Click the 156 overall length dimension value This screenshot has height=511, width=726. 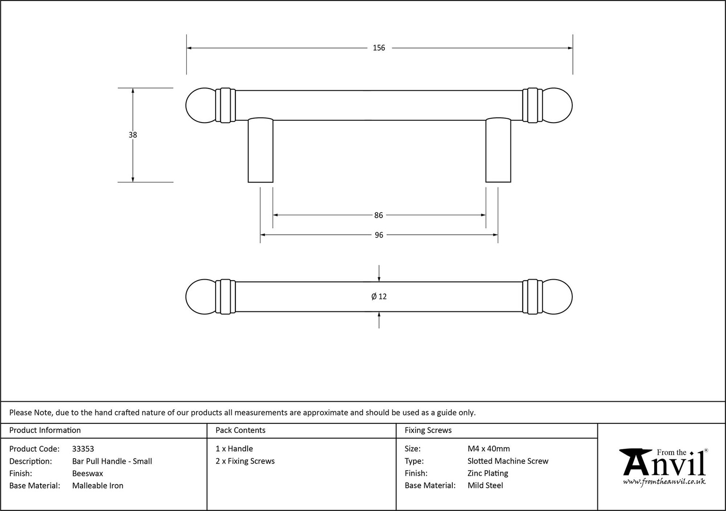coord(379,48)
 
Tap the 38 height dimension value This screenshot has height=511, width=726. coord(133,135)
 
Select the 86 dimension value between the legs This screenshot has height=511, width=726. coord(379,215)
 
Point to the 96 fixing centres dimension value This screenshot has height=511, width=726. coord(379,235)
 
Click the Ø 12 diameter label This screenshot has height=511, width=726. coord(379,297)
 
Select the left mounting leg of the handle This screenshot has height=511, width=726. coord(260,150)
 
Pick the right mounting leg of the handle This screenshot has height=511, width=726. coord(498,150)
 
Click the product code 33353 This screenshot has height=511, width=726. coord(83,449)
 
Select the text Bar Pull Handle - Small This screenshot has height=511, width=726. coord(112,461)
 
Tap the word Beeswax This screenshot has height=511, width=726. coord(87,474)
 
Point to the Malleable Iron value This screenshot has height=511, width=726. coord(98,486)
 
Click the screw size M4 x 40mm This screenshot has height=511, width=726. coord(489,449)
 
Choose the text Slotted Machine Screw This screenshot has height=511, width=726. coord(508,461)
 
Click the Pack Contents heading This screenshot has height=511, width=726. coord(241,430)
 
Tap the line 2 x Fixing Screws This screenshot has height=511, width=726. coord(245,461)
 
